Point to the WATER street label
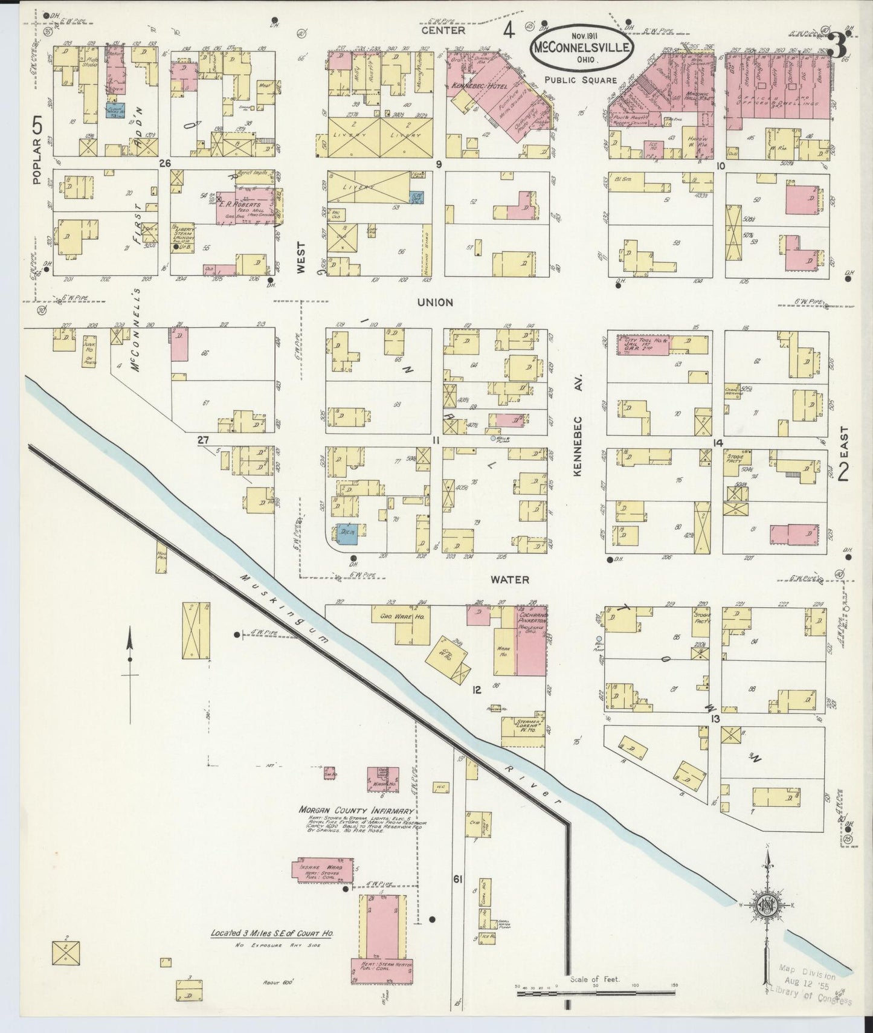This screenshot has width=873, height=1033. click(510, 580)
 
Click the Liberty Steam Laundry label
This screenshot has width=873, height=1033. click(183, 237)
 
